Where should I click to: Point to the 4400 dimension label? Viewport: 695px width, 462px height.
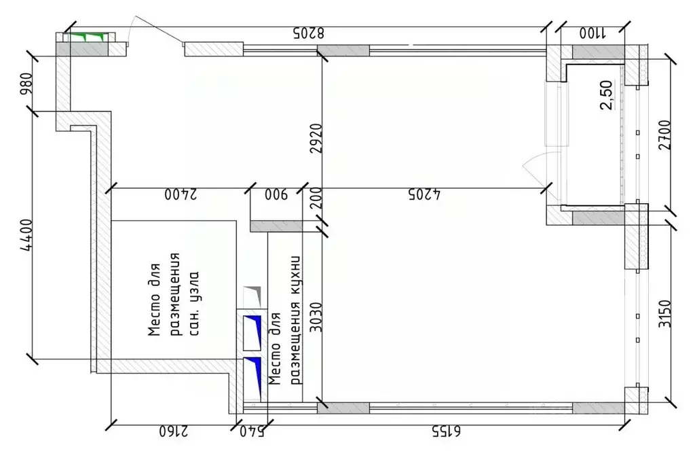coord(26,234)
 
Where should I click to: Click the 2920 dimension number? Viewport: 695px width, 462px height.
coord(314,140)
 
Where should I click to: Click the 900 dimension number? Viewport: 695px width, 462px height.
coord(276,195)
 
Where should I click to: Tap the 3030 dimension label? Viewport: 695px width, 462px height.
coord(314,315)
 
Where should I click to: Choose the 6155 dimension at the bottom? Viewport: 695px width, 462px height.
coord(445,431)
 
